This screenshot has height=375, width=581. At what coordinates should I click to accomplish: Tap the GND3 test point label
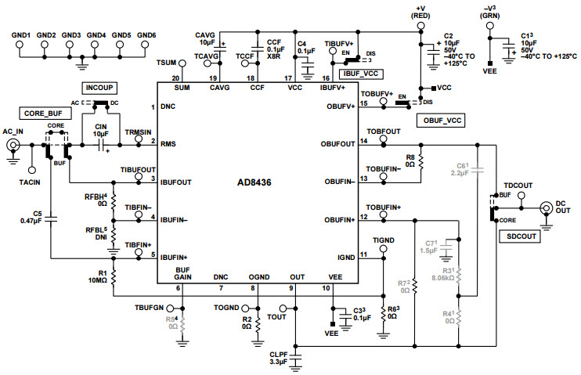(71, 35)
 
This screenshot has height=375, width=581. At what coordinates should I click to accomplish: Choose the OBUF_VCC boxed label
(442, 121)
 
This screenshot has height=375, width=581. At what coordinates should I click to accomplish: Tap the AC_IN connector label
(14, 131)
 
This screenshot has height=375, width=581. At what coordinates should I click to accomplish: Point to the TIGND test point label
(383, 239)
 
